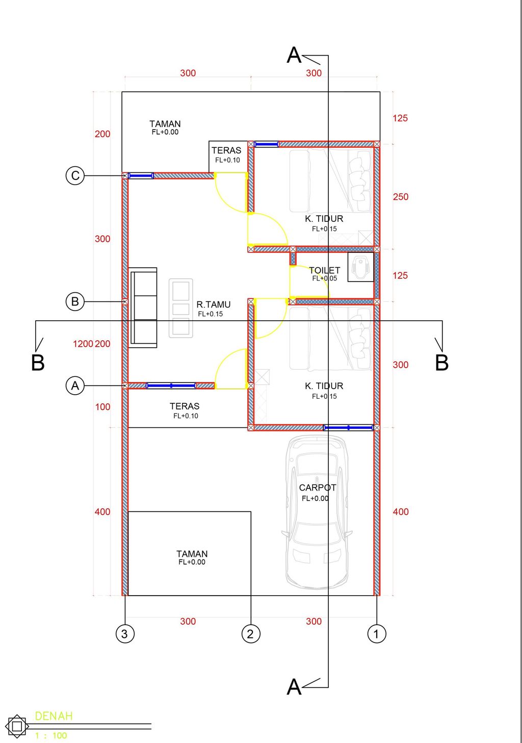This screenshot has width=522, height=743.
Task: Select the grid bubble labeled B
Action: (x=75, y=301)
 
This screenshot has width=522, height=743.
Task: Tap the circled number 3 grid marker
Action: (x=125, y=634)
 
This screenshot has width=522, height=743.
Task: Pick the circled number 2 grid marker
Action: (x=251, y=634)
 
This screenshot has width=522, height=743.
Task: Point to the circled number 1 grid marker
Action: (x=377, y=634)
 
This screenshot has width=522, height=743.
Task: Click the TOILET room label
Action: (x=324, y=270)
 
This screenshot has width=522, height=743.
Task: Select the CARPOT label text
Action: (x=318, y=488)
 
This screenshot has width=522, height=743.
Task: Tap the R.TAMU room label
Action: (x=213, y=304)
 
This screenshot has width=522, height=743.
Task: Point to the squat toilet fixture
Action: (x=361, y=267)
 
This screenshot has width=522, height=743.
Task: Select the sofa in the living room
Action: (x=143, y=308)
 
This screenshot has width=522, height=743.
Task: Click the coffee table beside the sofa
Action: (x=181, y=308)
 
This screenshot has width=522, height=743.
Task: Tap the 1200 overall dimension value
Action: (x=83, y=344)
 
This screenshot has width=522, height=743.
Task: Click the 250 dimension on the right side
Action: (x=401, y=197)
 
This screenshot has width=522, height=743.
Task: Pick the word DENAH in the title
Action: (x=54, y=716)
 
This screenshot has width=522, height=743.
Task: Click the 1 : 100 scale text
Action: (x=51, y=735)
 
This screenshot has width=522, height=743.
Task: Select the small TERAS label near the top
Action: (x=226, y=150)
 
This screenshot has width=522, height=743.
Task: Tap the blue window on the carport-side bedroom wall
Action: (x=348, y=427)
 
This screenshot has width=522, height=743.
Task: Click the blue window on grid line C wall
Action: (x=141, y=175)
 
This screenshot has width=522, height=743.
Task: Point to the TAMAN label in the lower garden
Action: (x=192, y=554)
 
